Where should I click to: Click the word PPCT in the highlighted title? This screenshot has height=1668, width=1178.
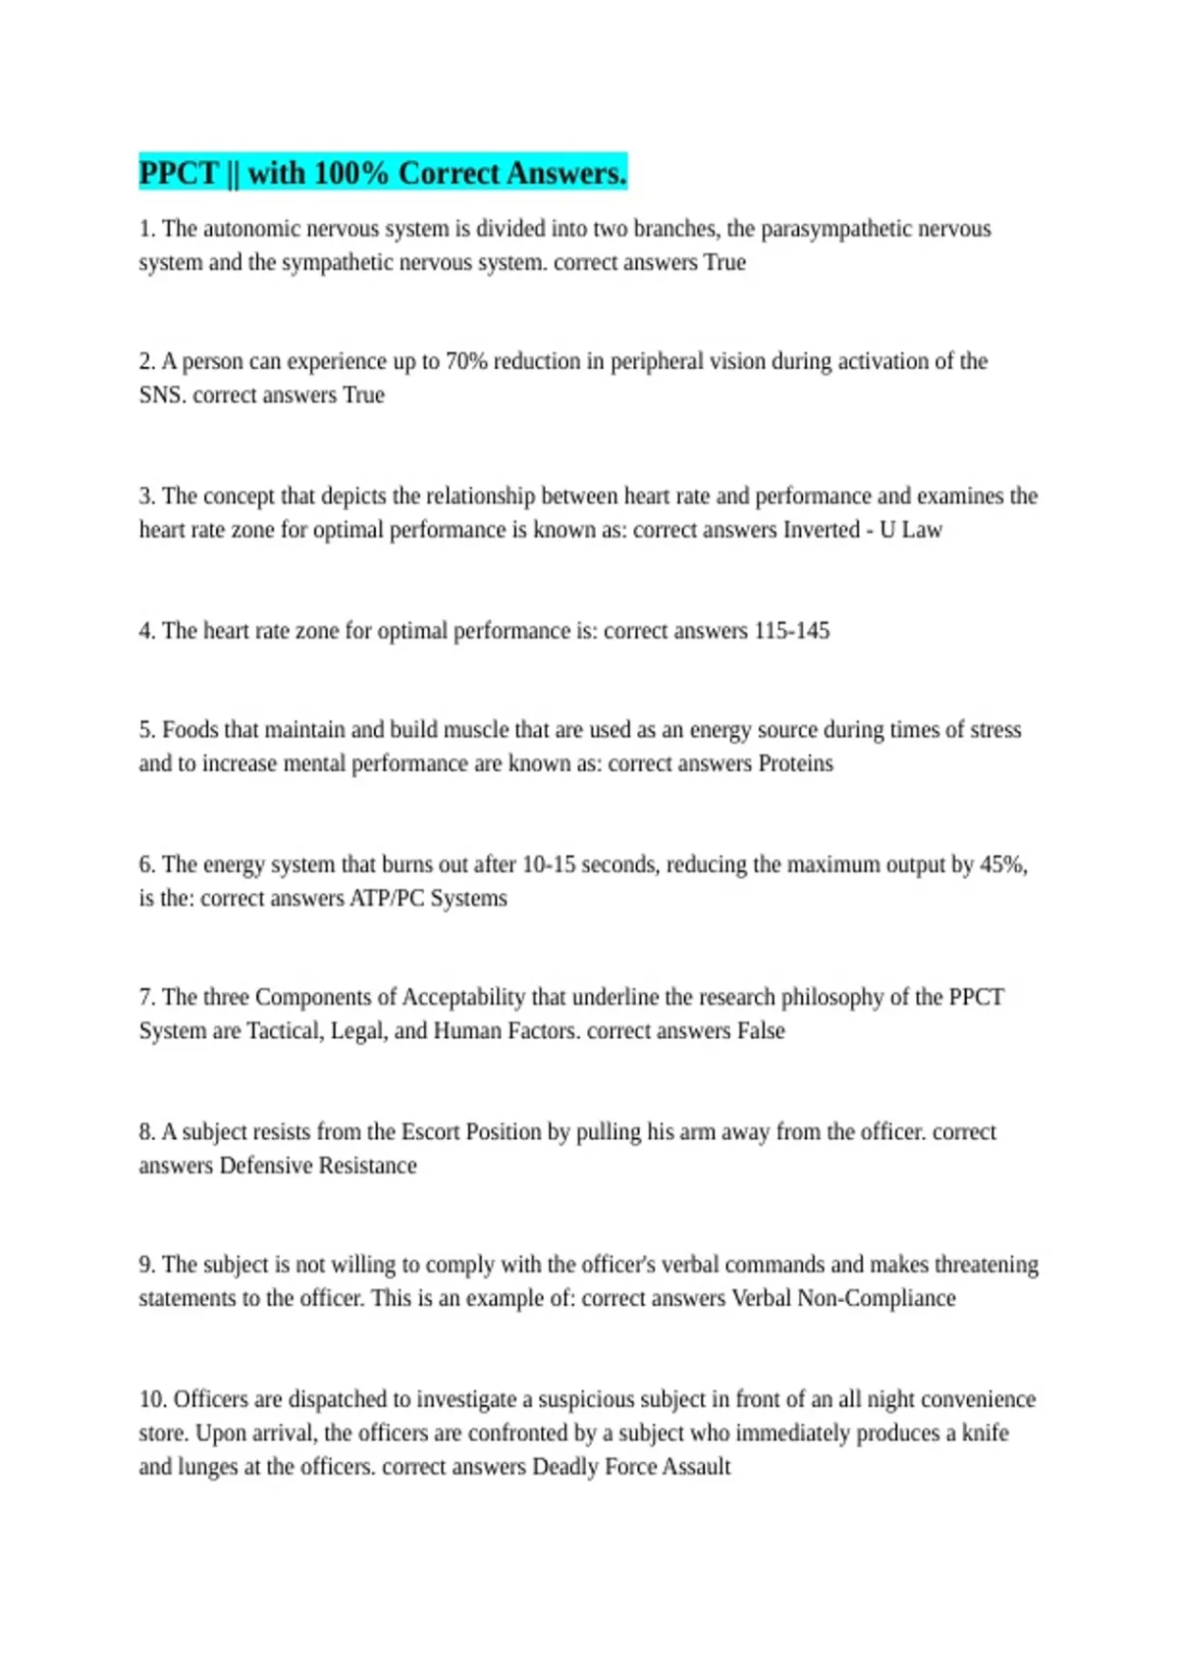178,173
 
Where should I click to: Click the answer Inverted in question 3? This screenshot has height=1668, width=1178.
821,530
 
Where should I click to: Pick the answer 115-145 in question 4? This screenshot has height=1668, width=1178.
791,630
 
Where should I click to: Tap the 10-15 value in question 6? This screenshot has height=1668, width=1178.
548,864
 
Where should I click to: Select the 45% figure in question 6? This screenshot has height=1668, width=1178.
1002,864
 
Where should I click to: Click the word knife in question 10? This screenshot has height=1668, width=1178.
985,1433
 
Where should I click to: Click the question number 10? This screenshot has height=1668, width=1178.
152,1399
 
